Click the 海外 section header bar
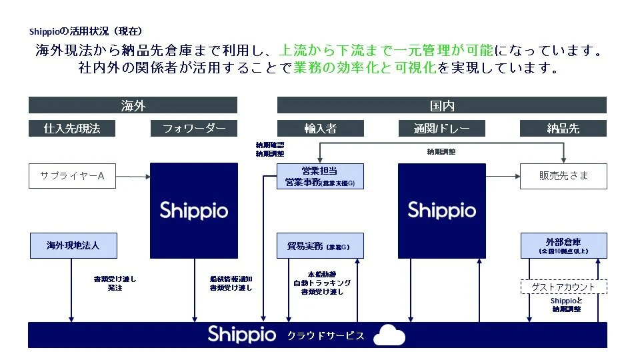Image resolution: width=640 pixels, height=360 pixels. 133,105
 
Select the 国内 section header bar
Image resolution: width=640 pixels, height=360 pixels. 442,105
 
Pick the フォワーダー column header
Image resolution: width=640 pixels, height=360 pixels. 194,128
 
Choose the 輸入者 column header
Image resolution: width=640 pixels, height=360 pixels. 320,128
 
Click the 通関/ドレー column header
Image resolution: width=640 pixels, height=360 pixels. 441,128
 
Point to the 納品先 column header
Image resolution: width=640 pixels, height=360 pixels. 563,128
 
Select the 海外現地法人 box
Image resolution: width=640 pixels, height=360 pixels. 73,245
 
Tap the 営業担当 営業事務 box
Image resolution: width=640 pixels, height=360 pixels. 320,177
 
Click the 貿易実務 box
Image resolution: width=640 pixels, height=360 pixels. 320,246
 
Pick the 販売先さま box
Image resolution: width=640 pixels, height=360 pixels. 563,177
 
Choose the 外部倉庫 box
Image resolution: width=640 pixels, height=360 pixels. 563,245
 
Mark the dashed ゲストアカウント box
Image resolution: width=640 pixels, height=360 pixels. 563,287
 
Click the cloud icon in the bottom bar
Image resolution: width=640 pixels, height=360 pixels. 389,335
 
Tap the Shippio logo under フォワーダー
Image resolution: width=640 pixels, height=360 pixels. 194,211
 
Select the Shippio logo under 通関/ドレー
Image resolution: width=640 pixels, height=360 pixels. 441,211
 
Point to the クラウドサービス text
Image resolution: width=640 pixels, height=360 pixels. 326,335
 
